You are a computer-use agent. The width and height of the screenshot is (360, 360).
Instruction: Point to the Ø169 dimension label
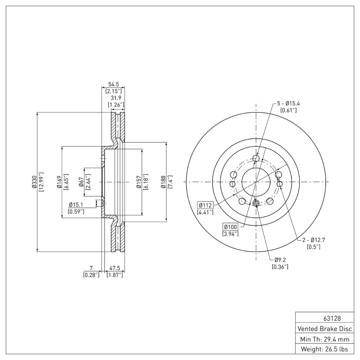tap(59, 182)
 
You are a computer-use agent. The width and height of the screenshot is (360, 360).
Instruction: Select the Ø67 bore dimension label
tap(81, 182)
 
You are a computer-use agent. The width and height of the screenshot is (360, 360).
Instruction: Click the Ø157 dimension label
tap(139, 182)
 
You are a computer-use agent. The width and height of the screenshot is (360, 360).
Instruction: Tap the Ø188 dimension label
tap(164, 182)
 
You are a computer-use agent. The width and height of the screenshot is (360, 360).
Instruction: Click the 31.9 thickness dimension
tap(116, 98)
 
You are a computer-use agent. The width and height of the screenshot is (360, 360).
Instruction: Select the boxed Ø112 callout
tap(205, 206)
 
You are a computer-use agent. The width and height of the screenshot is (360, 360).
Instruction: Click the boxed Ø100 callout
tap(230, 226)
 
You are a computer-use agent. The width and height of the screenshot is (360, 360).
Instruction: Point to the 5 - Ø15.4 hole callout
tap(288, 103)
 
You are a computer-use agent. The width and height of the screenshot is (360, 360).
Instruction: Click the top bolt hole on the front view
tap(256, 158)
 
